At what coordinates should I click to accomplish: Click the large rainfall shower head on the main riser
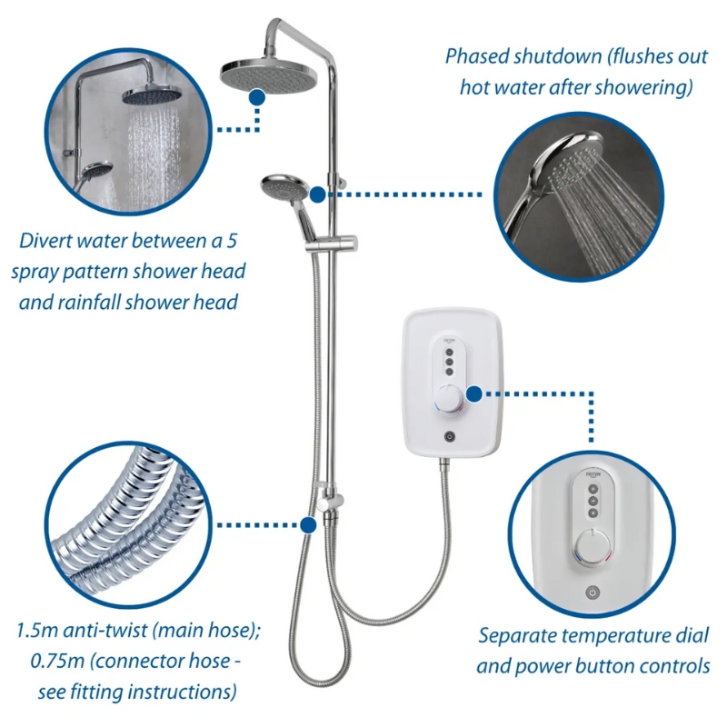269,75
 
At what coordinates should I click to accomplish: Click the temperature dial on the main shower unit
449,398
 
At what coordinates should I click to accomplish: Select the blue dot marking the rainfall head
257,97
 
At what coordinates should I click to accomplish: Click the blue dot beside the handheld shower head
317,194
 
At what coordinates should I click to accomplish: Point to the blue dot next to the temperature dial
473,394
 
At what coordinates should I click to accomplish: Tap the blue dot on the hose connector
308,525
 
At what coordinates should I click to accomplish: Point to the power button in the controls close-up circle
593,593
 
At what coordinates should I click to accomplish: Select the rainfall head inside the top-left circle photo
152,96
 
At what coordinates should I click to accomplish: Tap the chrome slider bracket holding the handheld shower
332,244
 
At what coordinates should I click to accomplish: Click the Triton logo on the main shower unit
449,341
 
